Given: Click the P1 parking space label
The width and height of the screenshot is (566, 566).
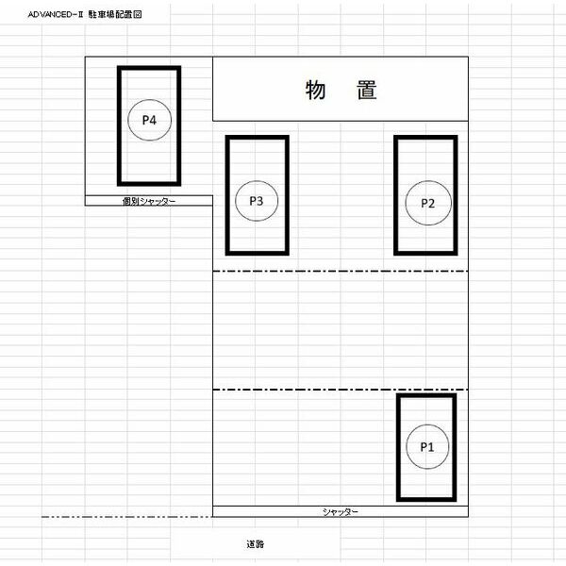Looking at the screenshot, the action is coord(427,446).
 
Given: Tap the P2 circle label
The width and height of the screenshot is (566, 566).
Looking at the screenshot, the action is coord(428,203).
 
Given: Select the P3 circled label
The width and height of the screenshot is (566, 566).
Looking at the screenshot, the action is coord(257,201).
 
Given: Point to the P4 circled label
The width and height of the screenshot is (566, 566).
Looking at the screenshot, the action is coord(149,120).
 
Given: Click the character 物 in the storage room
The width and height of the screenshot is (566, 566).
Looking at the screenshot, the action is coord(316,90).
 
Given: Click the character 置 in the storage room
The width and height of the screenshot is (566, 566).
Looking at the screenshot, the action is coord(367,90).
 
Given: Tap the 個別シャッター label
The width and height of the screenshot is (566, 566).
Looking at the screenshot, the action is coord(149,201).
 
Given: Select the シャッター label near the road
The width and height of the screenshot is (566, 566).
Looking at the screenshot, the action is coord(341,511).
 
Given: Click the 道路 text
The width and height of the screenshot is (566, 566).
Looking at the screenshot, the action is coord(256,544).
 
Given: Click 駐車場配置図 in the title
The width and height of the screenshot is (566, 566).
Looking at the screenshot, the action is coord(115,14).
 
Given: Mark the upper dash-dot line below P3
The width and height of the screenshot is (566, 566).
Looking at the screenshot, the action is coord(341,271).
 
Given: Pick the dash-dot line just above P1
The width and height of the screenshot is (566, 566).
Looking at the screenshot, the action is coord(341,390).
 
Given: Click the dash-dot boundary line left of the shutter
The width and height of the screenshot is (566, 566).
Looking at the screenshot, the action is coord(127,517).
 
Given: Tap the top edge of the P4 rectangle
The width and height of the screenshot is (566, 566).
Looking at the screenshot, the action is coord(149,68).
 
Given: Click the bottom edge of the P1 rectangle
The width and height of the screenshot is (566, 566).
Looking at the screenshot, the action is coord(426,499).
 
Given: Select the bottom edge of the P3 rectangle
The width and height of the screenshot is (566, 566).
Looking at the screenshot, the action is coord(258,253).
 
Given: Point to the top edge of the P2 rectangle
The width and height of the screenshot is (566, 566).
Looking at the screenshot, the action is coord(425,138).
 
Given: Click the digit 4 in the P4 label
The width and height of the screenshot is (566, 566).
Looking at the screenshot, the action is coord(153,120).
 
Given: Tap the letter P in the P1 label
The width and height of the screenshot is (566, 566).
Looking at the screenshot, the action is coord(424,447).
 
